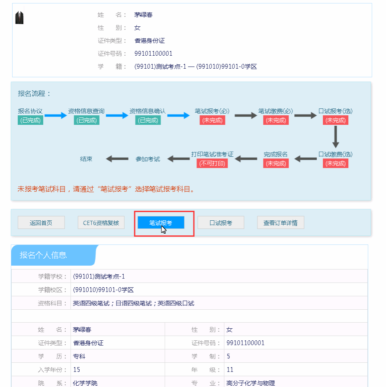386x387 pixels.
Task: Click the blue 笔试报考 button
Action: (161, 222)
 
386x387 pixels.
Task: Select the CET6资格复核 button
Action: (101, 222)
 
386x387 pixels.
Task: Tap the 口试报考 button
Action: (221, 222)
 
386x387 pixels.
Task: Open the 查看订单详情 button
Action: (280, 222)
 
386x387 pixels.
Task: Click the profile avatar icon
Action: (19, 17)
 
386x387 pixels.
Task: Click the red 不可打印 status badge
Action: (212, 163)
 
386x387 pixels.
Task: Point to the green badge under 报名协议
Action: (30, 120)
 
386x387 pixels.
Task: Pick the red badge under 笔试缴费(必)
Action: (276, 120)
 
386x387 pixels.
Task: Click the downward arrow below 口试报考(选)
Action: (335, 137)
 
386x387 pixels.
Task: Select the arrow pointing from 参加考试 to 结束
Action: (117, 159)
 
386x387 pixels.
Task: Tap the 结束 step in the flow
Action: (86, 159)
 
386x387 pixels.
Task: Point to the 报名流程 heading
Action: (34, 94)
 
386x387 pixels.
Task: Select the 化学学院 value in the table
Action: (85, 383)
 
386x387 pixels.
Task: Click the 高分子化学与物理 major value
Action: (251, 383)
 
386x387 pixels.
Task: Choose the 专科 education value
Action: (79, 356)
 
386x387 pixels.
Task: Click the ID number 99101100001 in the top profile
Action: (153, 54)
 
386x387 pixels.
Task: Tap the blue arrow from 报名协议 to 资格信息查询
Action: (56, 115)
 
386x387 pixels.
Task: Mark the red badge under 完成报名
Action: (276, 163)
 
